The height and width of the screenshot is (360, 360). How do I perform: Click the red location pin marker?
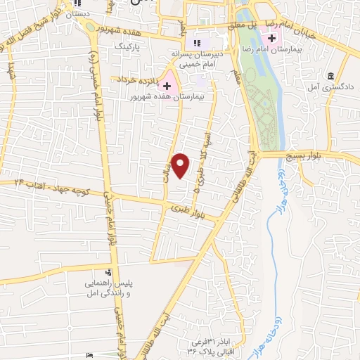181,166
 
